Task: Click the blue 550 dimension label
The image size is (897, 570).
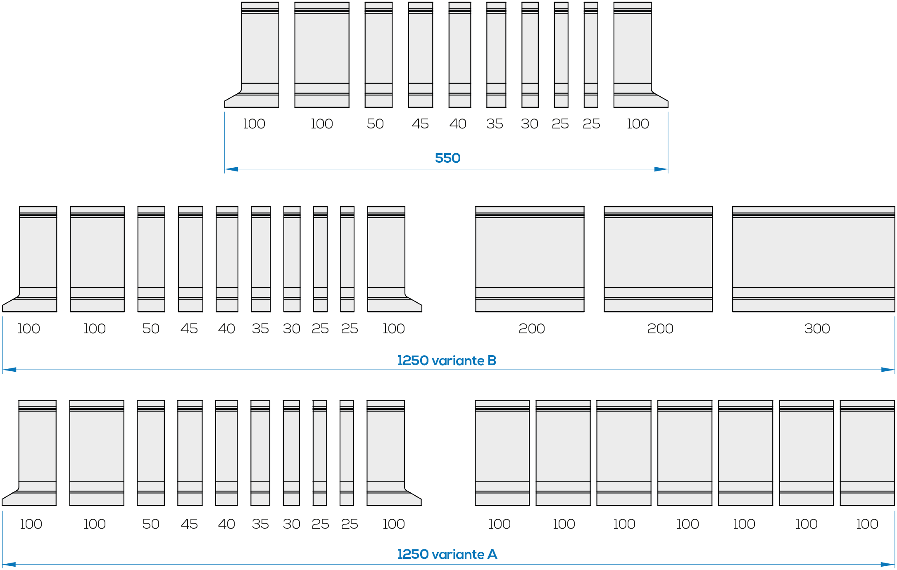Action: point(447,158)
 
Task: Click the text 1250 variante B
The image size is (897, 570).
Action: point(447,361)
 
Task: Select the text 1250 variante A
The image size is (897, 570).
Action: point(447,554)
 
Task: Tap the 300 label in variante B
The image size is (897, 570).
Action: point(817,329)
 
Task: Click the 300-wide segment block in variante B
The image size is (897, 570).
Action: point(814,259)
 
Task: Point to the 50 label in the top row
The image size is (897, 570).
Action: point(375,124)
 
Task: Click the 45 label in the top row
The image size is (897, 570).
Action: point(420,124)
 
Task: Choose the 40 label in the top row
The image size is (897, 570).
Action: point(458,124)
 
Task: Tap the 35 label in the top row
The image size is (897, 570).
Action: point(495,124)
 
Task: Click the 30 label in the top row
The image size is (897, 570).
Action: point(529,124)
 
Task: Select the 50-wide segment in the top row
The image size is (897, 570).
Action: point(378,55)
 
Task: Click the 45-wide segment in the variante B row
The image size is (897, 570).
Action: point(190,259)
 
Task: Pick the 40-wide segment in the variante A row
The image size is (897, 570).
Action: point(226,453)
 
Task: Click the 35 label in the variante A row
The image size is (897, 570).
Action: point(260,524)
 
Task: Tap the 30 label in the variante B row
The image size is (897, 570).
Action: point(291,329)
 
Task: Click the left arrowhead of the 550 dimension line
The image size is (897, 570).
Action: point(231,169)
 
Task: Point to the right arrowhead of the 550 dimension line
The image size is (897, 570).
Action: point(661,169)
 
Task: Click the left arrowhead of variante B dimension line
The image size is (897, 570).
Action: point(10,370)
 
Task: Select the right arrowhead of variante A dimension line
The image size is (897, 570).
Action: point(887,565)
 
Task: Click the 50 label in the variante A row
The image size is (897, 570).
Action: point(151,524)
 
